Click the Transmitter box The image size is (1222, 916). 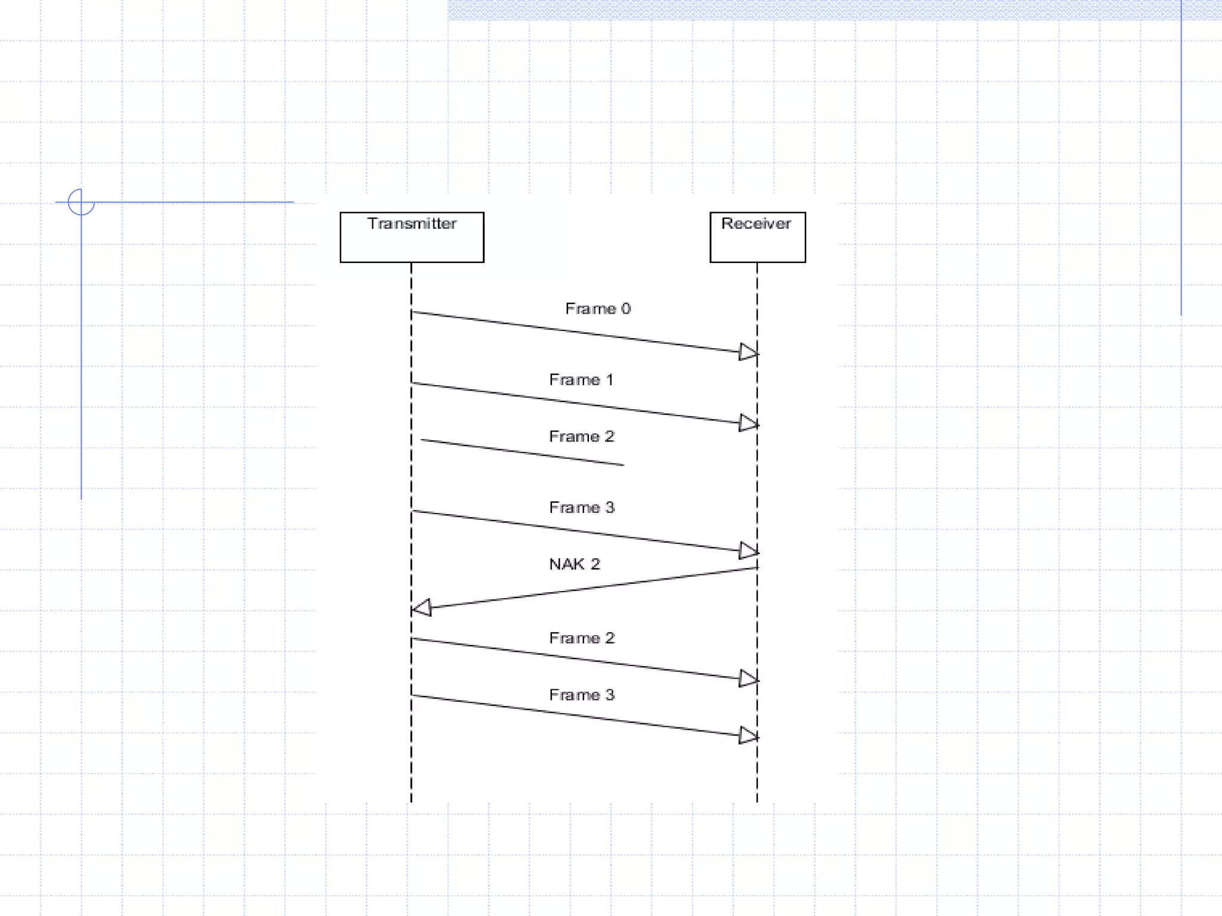[x=412, y=237]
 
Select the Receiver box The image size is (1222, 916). [x=757, y=237]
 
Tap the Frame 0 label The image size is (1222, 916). [x=598, y=308]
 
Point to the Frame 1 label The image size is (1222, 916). [x=581, y=380]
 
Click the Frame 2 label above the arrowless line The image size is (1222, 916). [x=581, y=437]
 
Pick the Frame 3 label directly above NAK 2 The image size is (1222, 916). [x=581, y=507]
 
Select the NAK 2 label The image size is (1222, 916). [x=574, y=564]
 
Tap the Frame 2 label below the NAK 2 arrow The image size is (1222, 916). [x=581, y=638]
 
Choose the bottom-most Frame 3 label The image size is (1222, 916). [x=581, y=695]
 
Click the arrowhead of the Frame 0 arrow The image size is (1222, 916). [x=748, y=352]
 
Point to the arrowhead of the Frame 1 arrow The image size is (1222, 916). [x=748, y=423]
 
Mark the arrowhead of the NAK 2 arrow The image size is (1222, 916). [x=422, y=608]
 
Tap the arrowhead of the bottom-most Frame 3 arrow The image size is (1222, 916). [x=748, y=735]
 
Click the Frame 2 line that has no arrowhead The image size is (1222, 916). [x=522, y=452]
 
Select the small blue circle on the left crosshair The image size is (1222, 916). [x=81, y=202]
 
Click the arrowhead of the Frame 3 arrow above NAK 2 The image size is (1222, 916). [x=748, y=550]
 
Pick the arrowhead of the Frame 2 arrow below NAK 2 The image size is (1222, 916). [x=748, y=678]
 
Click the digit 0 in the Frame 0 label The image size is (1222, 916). [x=625, y=308]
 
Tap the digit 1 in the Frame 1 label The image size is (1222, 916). [x=609, y=380]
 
